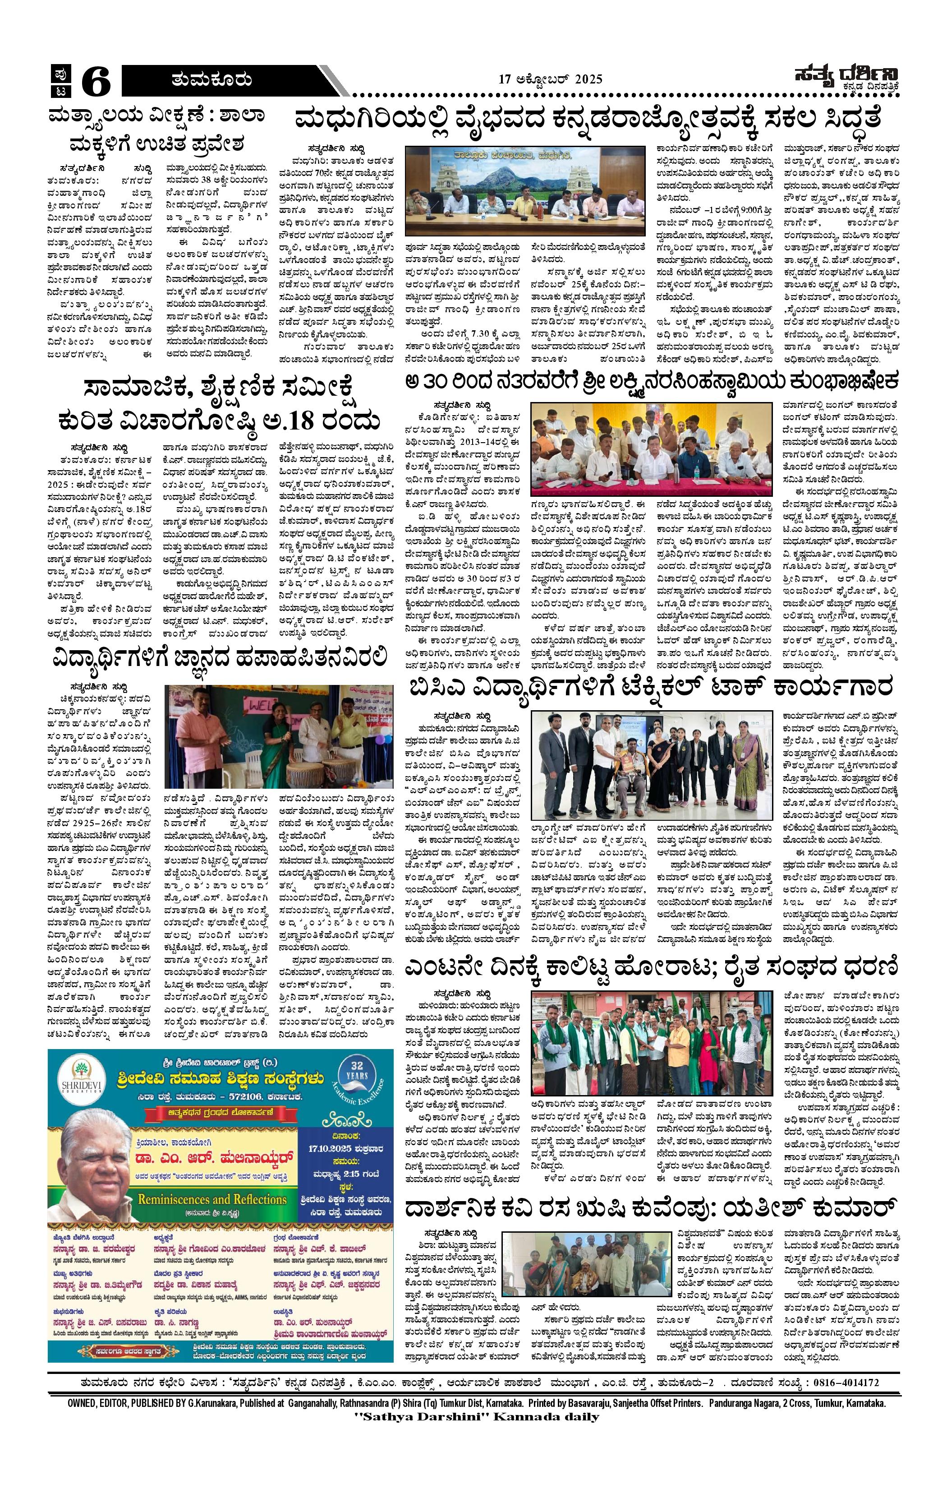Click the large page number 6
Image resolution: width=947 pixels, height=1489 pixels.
96,82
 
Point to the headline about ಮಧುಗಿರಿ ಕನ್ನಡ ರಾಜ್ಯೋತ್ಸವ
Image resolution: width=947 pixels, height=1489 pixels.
587,118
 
